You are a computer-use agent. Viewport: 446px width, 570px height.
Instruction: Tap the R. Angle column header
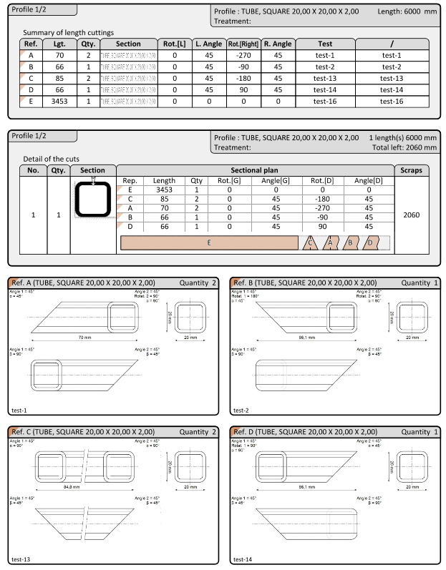[278, 44]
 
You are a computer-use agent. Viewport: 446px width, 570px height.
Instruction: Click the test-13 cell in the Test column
[325, 78]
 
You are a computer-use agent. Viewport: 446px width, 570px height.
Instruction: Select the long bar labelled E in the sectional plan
[208, 243]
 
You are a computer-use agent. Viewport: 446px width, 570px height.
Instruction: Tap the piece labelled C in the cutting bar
[309, 243]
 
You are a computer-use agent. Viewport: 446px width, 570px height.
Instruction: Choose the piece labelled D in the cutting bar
[369, 243]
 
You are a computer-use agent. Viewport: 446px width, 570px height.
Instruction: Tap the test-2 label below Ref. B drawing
[240, 411]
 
